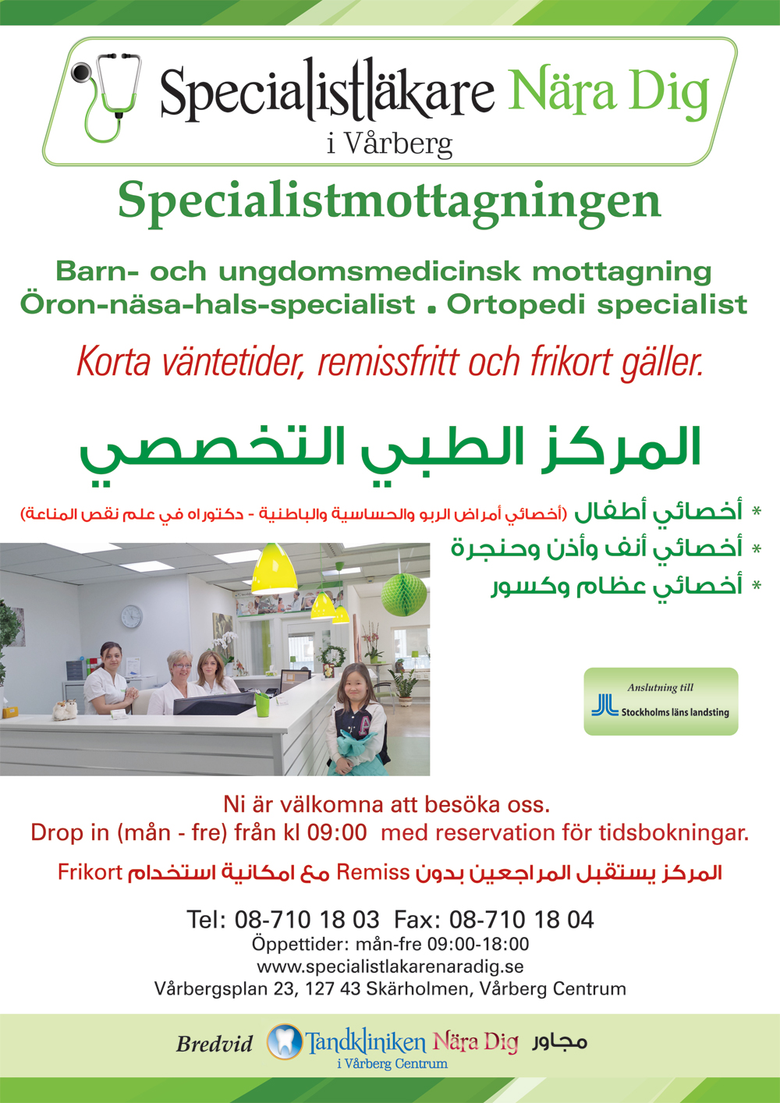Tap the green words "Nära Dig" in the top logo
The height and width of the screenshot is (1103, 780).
click(608, 94)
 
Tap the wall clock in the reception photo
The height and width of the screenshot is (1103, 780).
click(132, 616)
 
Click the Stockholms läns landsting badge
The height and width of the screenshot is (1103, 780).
click(661, 702)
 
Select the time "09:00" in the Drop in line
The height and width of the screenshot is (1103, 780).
click(337, 833)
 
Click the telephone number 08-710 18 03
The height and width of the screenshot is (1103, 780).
click(307, 920)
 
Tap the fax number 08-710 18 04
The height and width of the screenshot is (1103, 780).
click(522, 920)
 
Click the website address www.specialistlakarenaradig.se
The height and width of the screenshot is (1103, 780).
click(390, 966)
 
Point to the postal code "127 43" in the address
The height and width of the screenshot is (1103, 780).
click(333, 989)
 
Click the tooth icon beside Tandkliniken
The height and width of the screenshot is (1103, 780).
click(285, 1041)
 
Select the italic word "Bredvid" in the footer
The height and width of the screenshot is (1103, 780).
click(214, 1044)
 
